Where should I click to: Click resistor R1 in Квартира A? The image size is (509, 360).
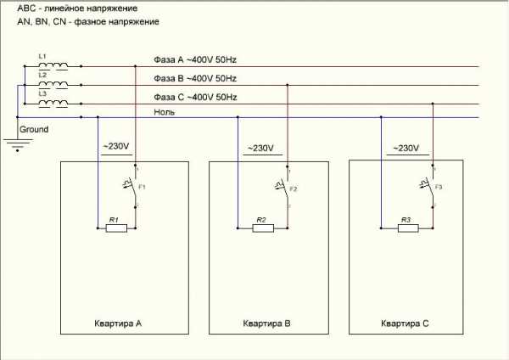(x=117, y=228)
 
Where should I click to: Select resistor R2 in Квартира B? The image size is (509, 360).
(x=262, y=228)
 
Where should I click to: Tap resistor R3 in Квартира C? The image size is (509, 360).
(x=406, y=228)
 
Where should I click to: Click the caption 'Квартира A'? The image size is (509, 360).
(x=119, y=323)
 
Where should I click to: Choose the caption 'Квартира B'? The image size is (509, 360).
(x=267, y=323)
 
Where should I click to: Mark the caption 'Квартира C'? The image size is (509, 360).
(x=406, y=323)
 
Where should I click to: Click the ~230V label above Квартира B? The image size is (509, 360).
(x=260, y=149)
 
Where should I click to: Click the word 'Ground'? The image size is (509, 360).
(x=35, y=129)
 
